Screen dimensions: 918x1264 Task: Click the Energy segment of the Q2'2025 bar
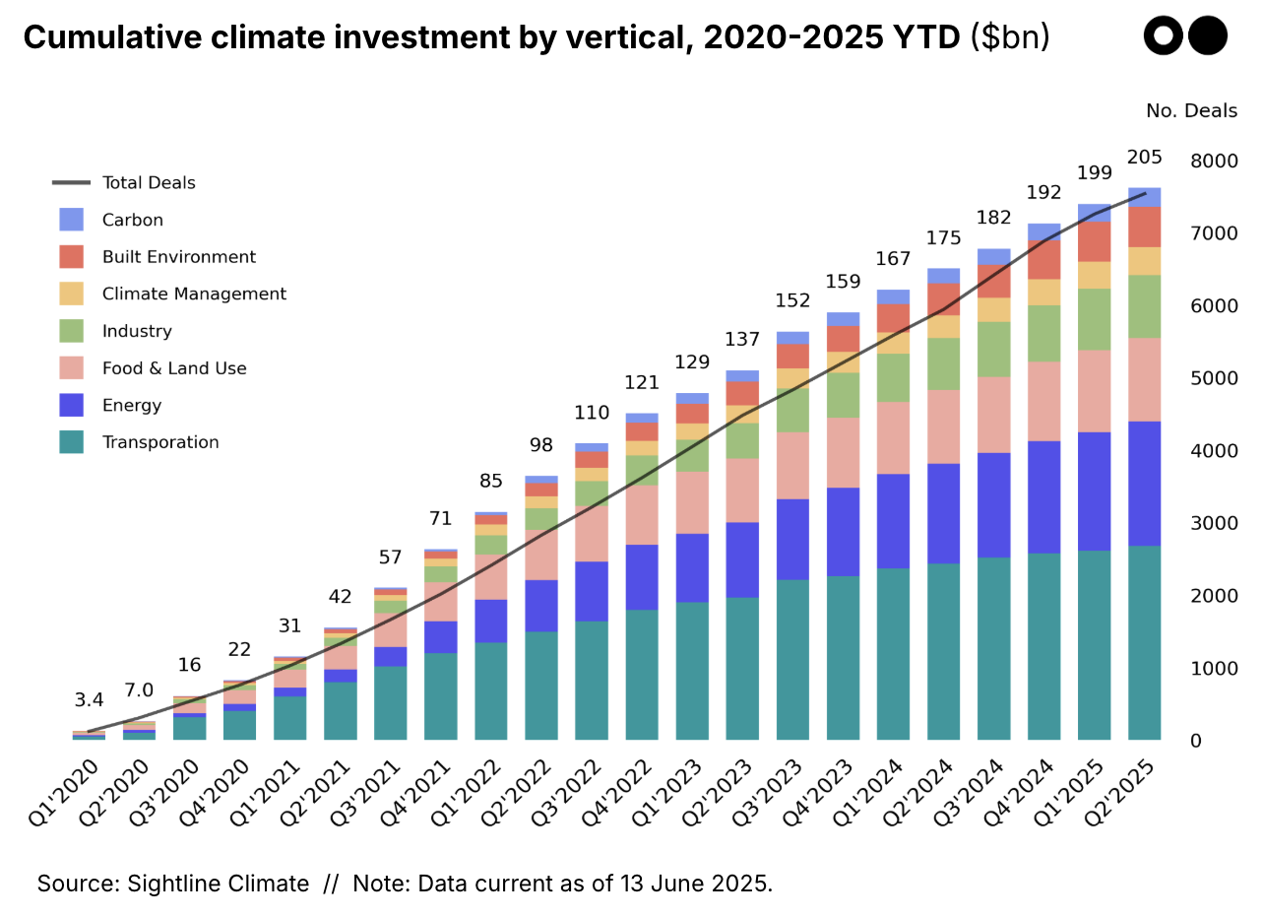coord(1144,483)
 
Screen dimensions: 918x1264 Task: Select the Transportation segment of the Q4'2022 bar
coord(643,675)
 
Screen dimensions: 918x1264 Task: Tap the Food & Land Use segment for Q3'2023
coord(793,465)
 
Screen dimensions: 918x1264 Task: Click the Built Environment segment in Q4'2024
coord(1043,259)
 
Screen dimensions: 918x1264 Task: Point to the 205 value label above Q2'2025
coord(1145,157)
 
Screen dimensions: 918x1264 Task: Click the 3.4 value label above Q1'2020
coord(89,700)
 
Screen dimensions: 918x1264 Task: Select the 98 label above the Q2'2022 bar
coord(541,445)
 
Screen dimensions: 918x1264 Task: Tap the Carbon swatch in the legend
coord(72,220)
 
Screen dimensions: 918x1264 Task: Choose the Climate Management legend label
coord(194,294)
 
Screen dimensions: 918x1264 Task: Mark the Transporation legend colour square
coord(72,442)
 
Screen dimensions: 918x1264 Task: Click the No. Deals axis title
coord(1191,111)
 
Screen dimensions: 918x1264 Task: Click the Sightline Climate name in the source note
coord(218,884)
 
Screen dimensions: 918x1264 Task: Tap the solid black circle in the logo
coord(1208,36)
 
